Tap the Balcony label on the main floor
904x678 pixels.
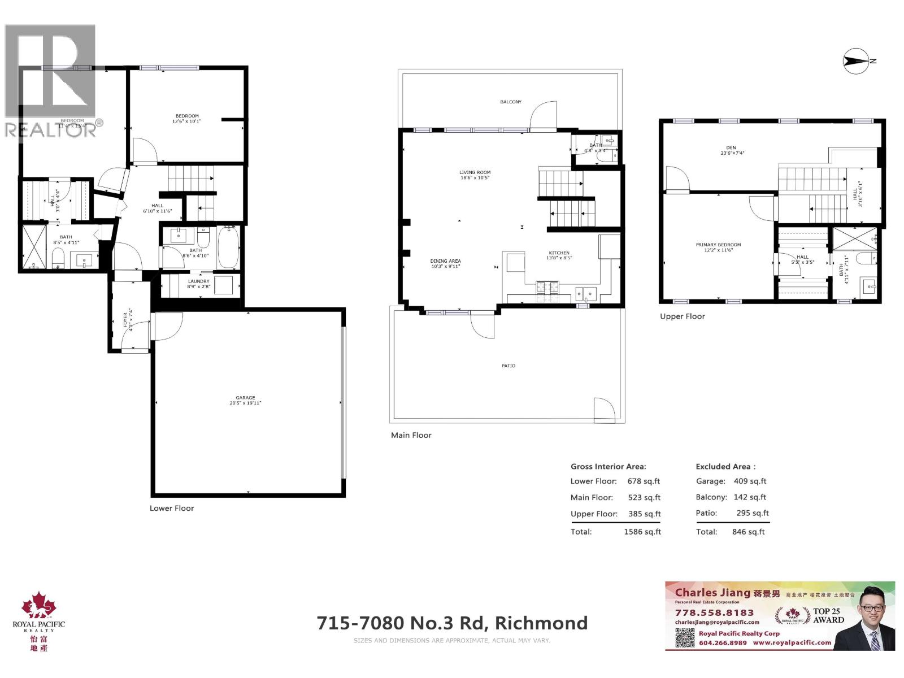tap(511, 102)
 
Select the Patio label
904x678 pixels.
tap(508, 366)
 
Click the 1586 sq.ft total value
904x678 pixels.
tap(642, 532)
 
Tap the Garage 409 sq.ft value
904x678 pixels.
tap(750, 481)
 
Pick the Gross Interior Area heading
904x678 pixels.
tap(608, 467)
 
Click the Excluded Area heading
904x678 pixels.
tap(725, 467)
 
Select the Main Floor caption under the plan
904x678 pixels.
tap(411, 435)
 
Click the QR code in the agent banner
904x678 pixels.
tap(685, 637)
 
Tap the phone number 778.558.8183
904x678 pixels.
tap(714, 612)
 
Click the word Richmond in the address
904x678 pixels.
tap(541, 623)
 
